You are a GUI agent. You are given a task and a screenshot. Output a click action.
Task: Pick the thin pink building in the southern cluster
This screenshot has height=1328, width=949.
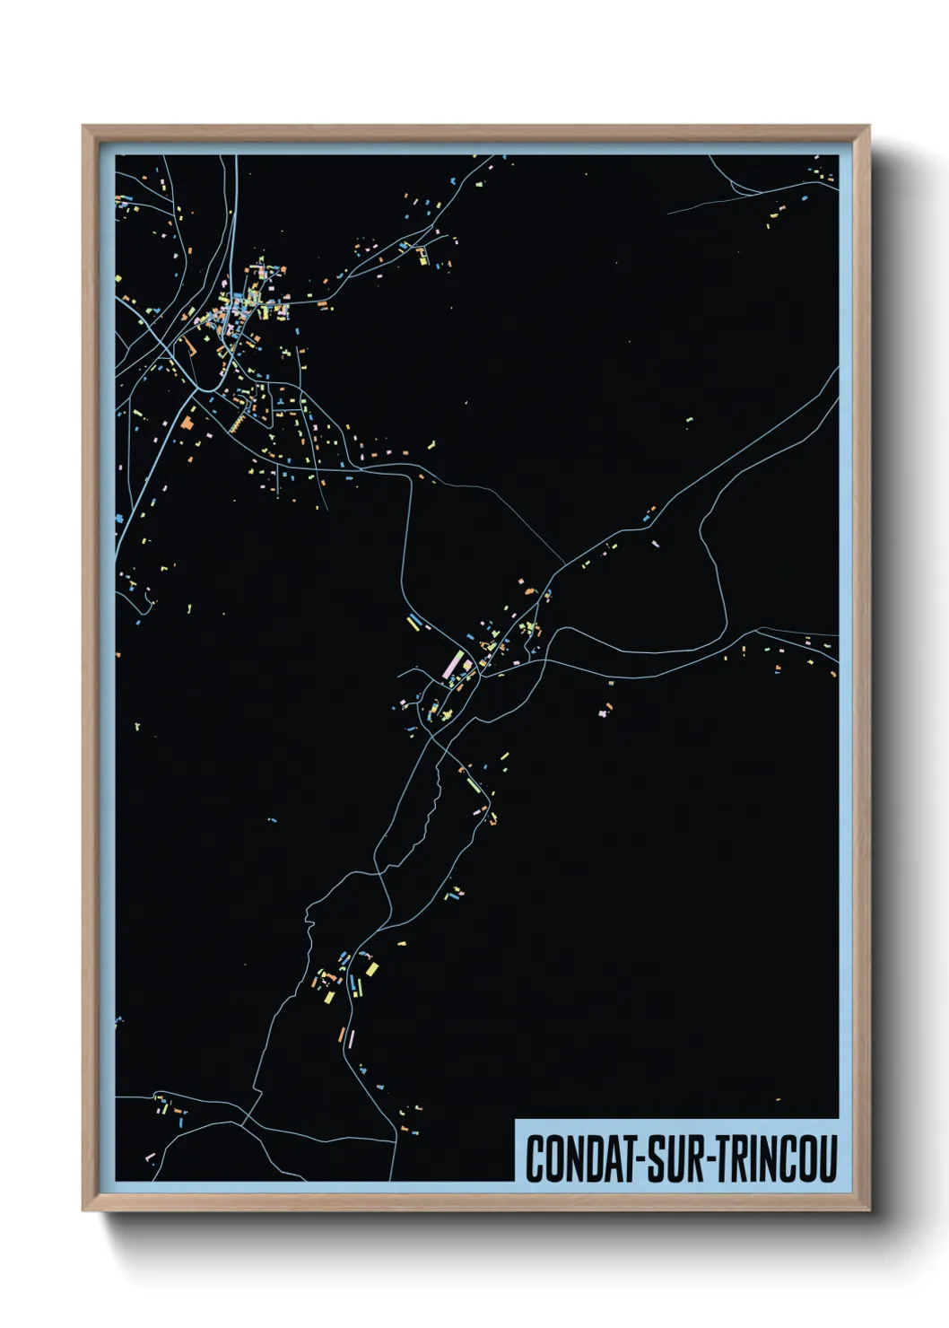pos(352,1038)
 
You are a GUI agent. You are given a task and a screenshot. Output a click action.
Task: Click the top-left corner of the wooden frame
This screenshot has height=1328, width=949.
pos(83,127)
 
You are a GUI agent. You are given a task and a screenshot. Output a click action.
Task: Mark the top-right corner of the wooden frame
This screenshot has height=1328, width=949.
pos(868,127)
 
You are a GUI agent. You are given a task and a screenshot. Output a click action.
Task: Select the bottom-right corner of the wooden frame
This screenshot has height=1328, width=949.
pos(868,1210)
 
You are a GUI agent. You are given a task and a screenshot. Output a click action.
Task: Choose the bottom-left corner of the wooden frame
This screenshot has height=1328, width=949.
pos(83,1210)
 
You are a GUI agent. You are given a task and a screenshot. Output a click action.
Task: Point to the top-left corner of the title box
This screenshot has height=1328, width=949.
pos(516,1120)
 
